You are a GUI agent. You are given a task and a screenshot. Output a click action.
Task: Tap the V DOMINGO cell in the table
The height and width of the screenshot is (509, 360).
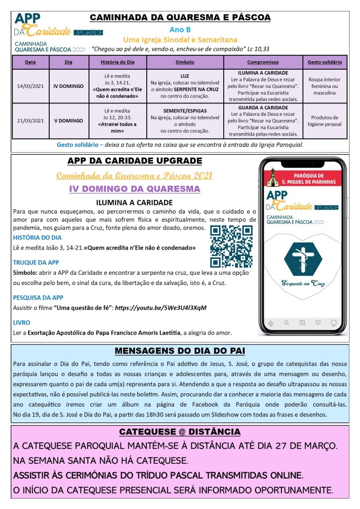[69, 120]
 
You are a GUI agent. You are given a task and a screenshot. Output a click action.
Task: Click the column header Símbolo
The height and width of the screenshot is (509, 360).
[185, 62]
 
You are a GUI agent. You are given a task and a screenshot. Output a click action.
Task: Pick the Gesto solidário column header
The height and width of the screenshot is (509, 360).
[325, 62]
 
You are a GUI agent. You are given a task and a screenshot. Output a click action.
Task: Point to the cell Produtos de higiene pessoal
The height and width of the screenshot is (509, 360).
[325, 120]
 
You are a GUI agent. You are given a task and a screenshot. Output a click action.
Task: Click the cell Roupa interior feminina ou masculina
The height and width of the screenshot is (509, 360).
[325, 86]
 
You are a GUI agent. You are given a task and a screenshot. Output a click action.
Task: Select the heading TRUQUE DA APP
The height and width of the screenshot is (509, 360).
[36, 262]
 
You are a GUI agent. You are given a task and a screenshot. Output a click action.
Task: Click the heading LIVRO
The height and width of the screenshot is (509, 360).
[21, 322]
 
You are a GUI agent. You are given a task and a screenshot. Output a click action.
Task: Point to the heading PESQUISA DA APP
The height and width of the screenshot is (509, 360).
[38, 297]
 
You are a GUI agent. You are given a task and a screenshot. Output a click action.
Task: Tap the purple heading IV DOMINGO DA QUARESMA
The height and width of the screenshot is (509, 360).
[134, 189]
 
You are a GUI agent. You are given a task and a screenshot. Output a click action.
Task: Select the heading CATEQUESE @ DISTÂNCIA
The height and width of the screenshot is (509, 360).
[180, 431]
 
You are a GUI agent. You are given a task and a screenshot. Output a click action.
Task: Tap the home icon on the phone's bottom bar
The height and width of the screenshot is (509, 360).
[270, 322]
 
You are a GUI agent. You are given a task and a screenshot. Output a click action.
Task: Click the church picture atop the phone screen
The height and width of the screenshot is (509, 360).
[271, 176]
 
